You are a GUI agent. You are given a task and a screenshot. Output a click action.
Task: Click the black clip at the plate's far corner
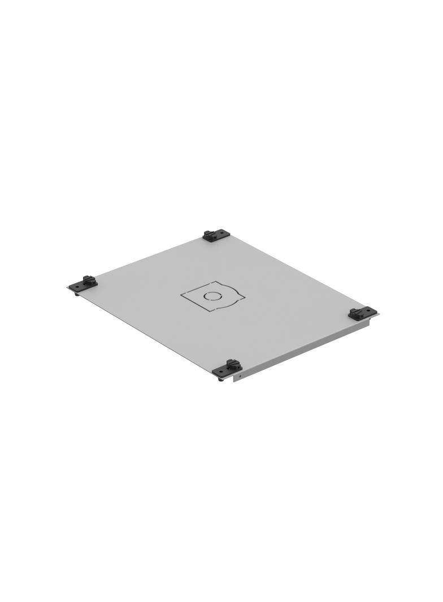click(216, 235)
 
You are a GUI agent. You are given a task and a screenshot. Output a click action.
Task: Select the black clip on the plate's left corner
click(82, 283)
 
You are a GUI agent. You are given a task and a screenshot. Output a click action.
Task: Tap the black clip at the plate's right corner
click(363, 313)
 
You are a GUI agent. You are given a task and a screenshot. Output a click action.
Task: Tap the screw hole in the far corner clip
click(224, 233)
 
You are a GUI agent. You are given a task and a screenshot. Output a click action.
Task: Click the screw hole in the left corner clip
click(73, 286)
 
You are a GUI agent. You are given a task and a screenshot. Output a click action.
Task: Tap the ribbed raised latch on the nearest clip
click(231, 364)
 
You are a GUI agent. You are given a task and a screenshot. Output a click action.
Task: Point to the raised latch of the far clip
click(211, 234)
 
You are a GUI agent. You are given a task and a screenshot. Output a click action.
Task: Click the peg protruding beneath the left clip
click(77, 293)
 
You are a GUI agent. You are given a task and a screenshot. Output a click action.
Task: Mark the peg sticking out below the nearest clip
click(220, 379)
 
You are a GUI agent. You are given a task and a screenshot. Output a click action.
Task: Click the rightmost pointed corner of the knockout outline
click(245, 297)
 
